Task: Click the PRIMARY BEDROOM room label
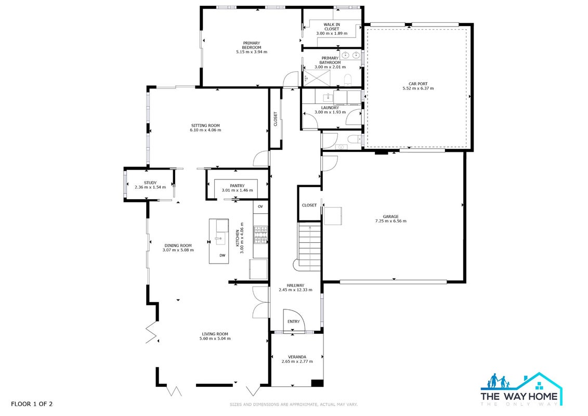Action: [251, 45]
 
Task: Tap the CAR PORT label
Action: [418, 84]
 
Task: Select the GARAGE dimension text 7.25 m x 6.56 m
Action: [390, 221]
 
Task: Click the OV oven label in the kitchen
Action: [260, 206]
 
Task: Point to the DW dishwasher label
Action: [223, 255]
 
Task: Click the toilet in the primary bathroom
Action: [348, 80]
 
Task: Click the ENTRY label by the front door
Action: [294, 321]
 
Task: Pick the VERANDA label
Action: [297, 357]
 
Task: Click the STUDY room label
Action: [150, 183]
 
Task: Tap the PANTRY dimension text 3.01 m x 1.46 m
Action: [237, 190]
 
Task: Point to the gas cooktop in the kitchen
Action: [260, 235]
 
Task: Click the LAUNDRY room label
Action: [330, 108]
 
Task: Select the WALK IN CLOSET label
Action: [332, 27]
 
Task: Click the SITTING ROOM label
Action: [205, 126]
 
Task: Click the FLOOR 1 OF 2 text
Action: [32, 404]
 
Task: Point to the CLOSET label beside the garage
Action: [309, 205]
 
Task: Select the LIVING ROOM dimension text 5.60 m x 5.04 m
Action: [215, 339]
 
